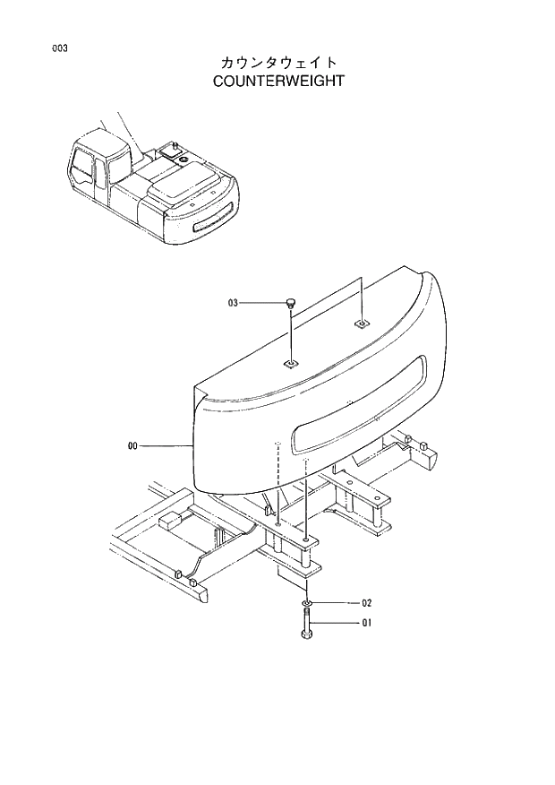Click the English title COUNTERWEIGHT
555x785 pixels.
(x=278, y=81)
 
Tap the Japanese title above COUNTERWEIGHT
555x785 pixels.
(x=278, y=62)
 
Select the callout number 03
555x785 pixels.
(x=234, y=304)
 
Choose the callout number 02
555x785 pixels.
(x=366, y=603)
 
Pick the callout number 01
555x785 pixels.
(x=366, y=624)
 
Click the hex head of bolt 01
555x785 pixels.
(x=306, y=635)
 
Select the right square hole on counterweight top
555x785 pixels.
(x=360, y=322)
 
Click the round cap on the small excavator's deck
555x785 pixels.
(x=184, y=159)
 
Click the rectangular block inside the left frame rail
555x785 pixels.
(x=169, y=522)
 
